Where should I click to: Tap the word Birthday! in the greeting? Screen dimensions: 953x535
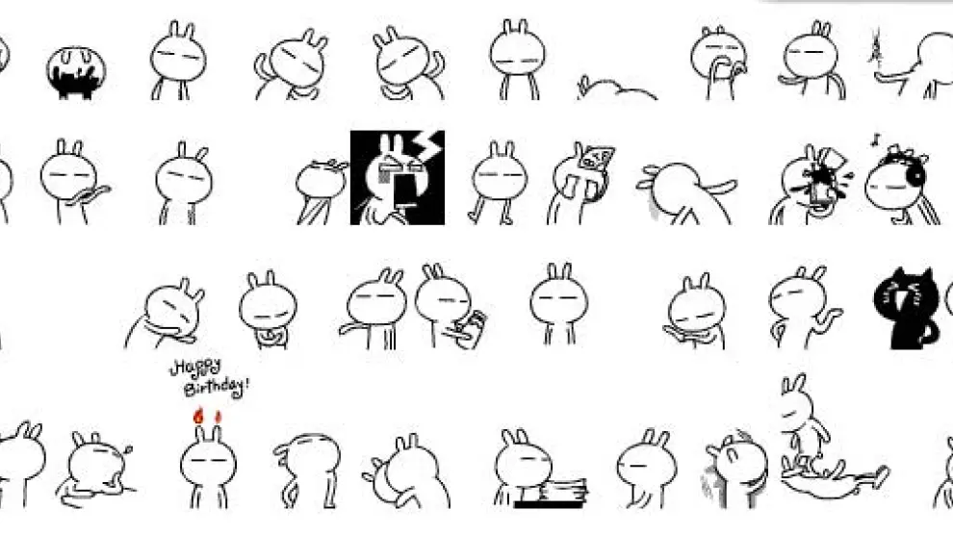pyautogui.click(x=217, y=386)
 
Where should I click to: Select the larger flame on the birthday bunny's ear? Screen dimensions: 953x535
pyautogui.click(x=198, y=416)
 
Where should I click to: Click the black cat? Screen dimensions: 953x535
pyautogui.click(x=905, y=309)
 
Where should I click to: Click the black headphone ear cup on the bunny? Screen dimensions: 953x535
pyautogui.click(x=914, y=175)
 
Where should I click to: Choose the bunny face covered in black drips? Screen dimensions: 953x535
pyautogui.click(x=76, y=71)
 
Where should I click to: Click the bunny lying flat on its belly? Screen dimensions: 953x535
pyautogui.click(x=615, y=89)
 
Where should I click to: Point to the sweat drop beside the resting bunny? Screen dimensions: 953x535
pyautogui.click(x=127, y=449)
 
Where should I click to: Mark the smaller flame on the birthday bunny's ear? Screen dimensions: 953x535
pyautogui.click(x=219, y=418)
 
